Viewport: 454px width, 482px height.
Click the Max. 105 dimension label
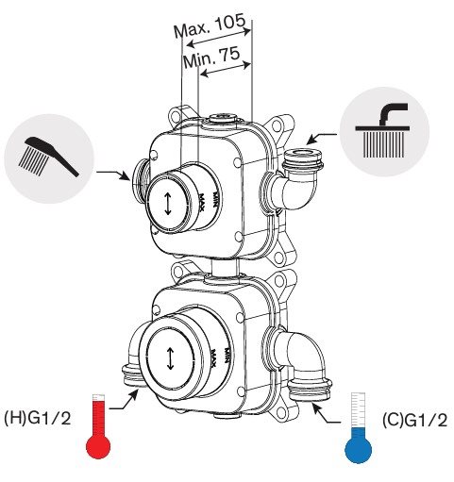coord(210,25)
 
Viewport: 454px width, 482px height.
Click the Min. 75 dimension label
coord(211,58)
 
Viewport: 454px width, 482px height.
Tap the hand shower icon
coord(49,156)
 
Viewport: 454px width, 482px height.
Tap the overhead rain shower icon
coord(383,130)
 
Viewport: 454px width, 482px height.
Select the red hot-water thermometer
coord(98,425)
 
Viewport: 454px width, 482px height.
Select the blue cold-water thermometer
coord(358,427)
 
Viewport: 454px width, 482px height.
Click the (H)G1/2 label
coord(38,419)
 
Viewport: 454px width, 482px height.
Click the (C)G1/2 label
coord(414,420)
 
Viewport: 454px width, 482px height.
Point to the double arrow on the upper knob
coord(168,204)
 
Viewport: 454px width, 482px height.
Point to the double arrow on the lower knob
coord(170,358)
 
